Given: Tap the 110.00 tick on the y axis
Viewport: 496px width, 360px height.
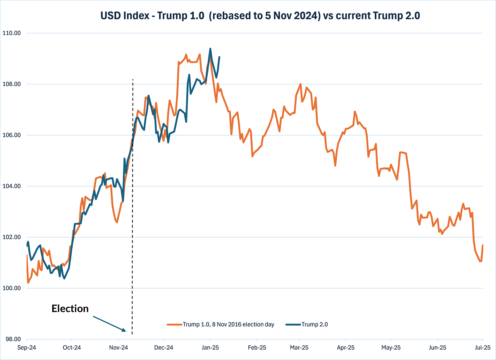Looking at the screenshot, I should pos(12,33).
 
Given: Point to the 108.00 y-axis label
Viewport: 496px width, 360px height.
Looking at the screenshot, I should pos(12,84).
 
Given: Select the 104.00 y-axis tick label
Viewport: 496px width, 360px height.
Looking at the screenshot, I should pos(12,186).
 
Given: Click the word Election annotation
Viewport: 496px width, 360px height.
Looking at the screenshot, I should pos(70,308).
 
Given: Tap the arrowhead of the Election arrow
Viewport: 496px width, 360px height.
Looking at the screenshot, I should pos(124,330).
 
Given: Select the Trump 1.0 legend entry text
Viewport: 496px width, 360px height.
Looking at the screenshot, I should pos(229,325).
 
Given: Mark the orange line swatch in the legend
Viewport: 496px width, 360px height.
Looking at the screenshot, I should pos(174,325).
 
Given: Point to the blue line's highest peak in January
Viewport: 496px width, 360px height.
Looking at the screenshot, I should pos(210,49).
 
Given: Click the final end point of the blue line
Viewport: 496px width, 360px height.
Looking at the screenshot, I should pos(219,57).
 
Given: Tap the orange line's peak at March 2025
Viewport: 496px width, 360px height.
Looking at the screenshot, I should pos(301,84).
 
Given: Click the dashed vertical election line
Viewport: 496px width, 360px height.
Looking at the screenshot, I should pos(132,233).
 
